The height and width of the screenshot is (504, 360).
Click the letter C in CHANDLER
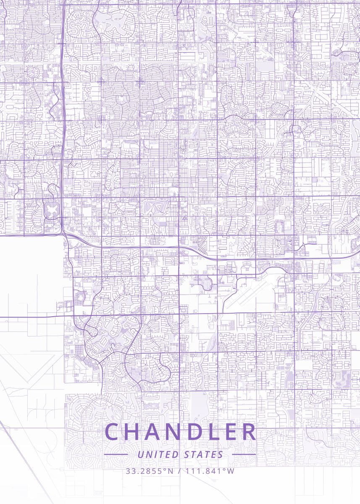[x=112, y=432]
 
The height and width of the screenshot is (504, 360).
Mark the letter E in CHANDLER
[x=231, y=432]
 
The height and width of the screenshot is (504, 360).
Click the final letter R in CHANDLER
[x=249, y=432]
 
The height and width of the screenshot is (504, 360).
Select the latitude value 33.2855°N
[x=149, y=471]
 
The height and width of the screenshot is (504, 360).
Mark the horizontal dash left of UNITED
[x=116, y=454]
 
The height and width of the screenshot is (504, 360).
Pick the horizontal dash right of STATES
[x=244, y=454]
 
